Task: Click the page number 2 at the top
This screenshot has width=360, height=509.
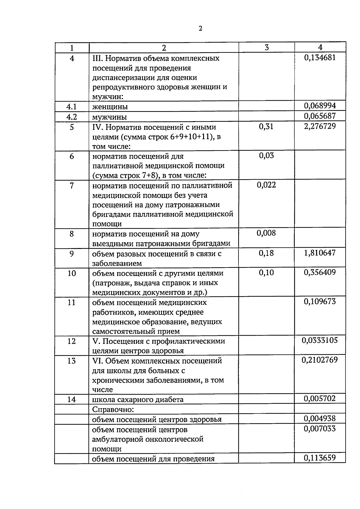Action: [x=200, y=28]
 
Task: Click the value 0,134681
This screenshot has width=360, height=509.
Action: [x=320, y=57]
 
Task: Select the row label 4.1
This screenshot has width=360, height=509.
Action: [x=71, y=106]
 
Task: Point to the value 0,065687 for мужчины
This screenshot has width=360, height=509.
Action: [x=320, y=116]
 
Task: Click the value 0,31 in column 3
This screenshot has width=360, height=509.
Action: [x=266, y=127]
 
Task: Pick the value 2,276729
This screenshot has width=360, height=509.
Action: [x=320, y=126]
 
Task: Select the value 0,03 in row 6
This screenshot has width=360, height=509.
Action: [x=266, y=156]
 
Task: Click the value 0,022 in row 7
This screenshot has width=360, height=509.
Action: [x=266, y=185]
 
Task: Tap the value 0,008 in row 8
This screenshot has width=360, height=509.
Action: [x=266, y=233]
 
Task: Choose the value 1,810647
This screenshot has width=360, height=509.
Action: [x=320, y=253]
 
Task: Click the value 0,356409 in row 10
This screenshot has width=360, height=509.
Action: [x=320, y=272]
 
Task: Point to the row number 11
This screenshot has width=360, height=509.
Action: [x=71, y=302]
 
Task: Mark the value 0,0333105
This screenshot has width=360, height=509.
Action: [x=320, y=340]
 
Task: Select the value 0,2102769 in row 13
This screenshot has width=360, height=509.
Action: [x=320, y=360]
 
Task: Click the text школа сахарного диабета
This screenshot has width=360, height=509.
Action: [x=138, y=400]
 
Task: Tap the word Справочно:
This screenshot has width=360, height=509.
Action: [x=113, y=409]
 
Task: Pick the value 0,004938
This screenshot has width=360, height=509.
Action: [x=320, y=418]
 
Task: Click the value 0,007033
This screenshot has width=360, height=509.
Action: [x=320, y=429]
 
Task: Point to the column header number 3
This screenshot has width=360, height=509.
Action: [x=266, y=47]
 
